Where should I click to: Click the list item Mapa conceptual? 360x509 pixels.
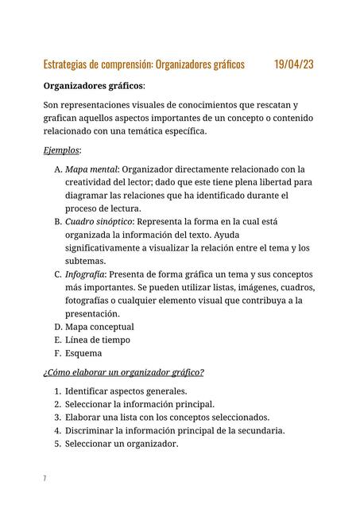pyautogui.click(x=99, y=326)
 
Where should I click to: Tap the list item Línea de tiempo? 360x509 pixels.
pyautogui.click(x=97, y=340)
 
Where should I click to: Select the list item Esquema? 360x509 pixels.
pyautogui.click(x=83, y=353)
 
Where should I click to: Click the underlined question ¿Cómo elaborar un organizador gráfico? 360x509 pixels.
pyautogui.click(x=123, y=372)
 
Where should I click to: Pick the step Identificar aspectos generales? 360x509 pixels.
pyautogui.click(x=126, y=390)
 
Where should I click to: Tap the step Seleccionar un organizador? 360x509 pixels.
pyautogui.click(x=121, y=444)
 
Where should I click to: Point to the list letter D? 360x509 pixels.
pyautogui.click(x=57, y=326)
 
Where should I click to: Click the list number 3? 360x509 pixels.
pyautogui.click(x=57, y=418)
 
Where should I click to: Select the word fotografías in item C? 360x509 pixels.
pyautogui.click(x=91, y=300)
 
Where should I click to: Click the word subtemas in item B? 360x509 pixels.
pyautogui.click(x=85, y=261)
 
